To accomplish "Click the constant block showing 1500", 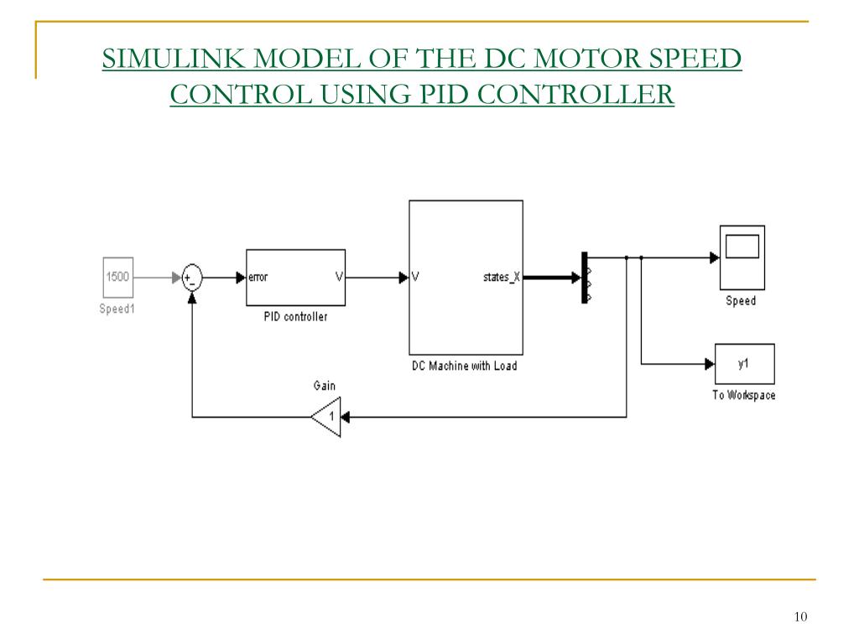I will click(117, 277).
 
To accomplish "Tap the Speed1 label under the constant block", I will click(117, 309).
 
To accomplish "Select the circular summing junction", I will click(192, 278).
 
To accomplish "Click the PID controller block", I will click(295, 278).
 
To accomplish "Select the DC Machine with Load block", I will click(466, 277).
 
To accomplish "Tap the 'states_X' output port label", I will click(501, 278).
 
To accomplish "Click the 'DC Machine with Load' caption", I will click(464, 366).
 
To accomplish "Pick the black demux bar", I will click(584, 278).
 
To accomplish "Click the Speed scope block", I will click(742, 257).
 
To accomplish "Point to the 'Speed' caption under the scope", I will click(741, 301).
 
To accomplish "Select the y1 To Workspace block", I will click(744, 364).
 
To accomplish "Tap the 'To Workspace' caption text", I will click(744, 395).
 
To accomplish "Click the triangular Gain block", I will click(326, 417).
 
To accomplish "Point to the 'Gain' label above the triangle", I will click(325, 386).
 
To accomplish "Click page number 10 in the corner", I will click(799, 617).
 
